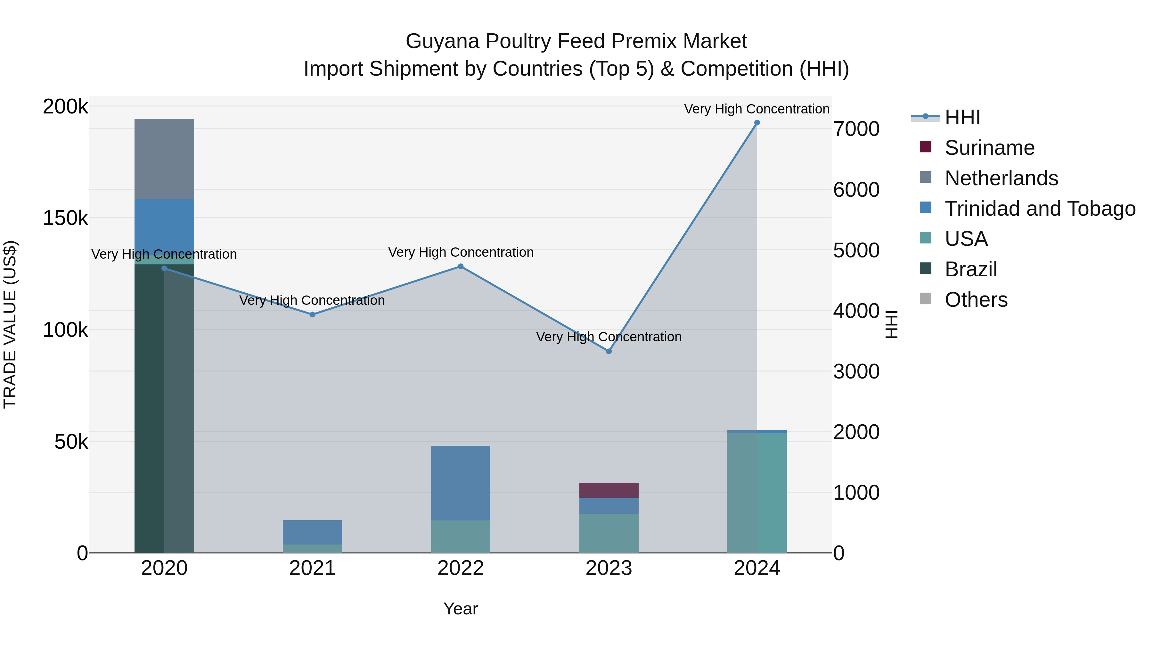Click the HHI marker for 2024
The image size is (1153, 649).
757,123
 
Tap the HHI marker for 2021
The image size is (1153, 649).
312,315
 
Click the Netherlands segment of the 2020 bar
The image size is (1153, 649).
164,159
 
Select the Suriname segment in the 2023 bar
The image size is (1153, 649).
609,490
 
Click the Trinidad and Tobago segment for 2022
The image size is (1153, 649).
461,483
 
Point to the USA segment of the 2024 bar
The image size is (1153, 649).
757,493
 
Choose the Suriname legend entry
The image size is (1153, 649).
989,148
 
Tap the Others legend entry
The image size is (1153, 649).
976,300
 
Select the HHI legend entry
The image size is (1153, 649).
962,117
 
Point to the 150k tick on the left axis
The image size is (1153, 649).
65,219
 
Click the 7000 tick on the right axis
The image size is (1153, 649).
856,129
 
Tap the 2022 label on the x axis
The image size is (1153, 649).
461,568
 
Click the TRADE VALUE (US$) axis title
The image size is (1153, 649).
10,324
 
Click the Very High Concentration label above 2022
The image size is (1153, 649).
461,252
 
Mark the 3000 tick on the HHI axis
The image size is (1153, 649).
856,372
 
